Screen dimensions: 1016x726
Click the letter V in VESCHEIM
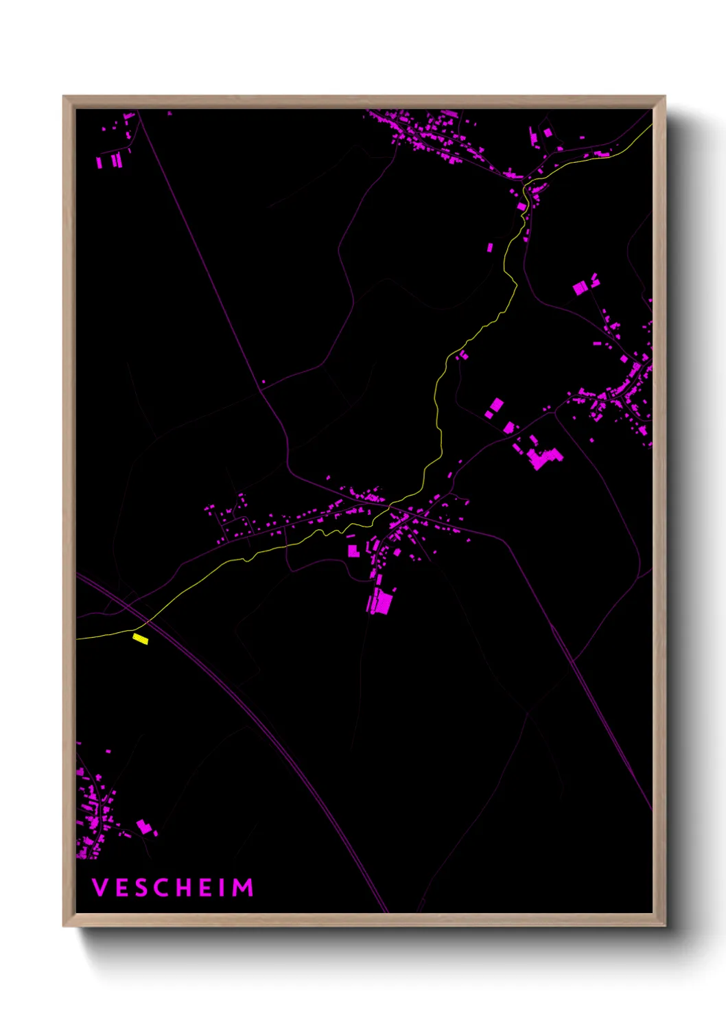pyautogui.click(x=99, y=888)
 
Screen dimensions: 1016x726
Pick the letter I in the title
pyautogui.click(x=222, y=888)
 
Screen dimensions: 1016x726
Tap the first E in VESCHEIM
pyautogui.click(x=121, y=888)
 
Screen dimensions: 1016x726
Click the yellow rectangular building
pyautogui.click(x=141, y=639)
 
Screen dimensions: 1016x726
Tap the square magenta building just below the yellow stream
pyautogui.click(x=353, y=550)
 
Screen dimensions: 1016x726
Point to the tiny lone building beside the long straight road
pyautogui.click(x=264, y=382)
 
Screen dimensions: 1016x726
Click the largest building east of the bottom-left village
pyautogui.click(x=143, y=827)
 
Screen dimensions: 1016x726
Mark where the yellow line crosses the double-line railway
pyautogui.click(x=147, y=623)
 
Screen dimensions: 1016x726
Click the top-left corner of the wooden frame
pyautogui.click(x=64, y=97)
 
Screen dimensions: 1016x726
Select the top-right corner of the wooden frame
pyautogui.click(x=664, y=97)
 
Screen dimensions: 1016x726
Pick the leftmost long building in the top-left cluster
pyautogui.click(x=99, y=163)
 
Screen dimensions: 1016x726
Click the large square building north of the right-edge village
pyautogui.click(x=581, y=288)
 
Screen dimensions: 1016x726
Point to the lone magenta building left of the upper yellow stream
pyautogui.click(x=490, y=247)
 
